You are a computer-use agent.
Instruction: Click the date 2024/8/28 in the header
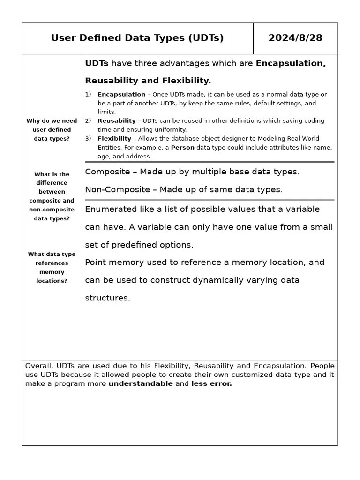(x=295, y=38)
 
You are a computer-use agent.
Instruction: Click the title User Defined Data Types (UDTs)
(x=137, y=38)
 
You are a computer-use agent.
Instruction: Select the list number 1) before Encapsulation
(x=88, y=94)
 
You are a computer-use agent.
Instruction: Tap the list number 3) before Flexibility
(x=88, y=138)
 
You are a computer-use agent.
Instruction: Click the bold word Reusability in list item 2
(x=116, y=120)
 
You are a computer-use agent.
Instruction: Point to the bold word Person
(x=182, y=147)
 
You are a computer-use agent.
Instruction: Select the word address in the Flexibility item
(x=138, y=156)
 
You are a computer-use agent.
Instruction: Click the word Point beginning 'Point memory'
(x=95, y=262)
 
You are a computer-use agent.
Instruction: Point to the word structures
(x=106, y=298)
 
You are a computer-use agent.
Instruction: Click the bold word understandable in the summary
(x=140, y=383)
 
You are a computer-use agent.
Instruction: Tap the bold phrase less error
(x=211, y=383)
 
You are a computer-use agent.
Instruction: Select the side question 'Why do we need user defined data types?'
(x=52, y=129)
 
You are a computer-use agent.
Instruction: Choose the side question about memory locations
(x=52, y=267)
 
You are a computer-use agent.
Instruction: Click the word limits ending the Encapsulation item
(x=106, y=112)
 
